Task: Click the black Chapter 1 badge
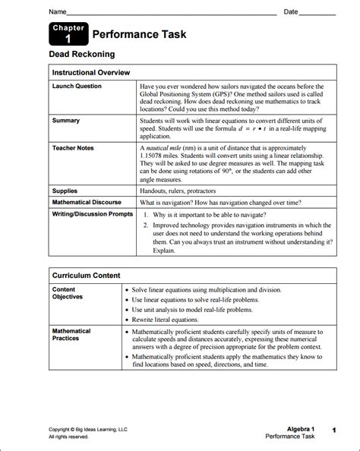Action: [67, 34]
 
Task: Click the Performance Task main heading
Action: [139, 35]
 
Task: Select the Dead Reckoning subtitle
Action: [82, 55]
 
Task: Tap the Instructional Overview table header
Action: [91, 72]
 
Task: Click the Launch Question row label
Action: [77, 87]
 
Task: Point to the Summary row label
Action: [65, 121]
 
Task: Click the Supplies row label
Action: [65, 191]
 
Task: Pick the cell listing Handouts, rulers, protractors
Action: [188, 191]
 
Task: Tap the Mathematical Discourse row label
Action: [88, 203]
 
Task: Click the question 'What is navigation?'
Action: [174, 203]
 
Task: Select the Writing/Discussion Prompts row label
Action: [92, 214]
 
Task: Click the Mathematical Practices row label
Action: [71, 335]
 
